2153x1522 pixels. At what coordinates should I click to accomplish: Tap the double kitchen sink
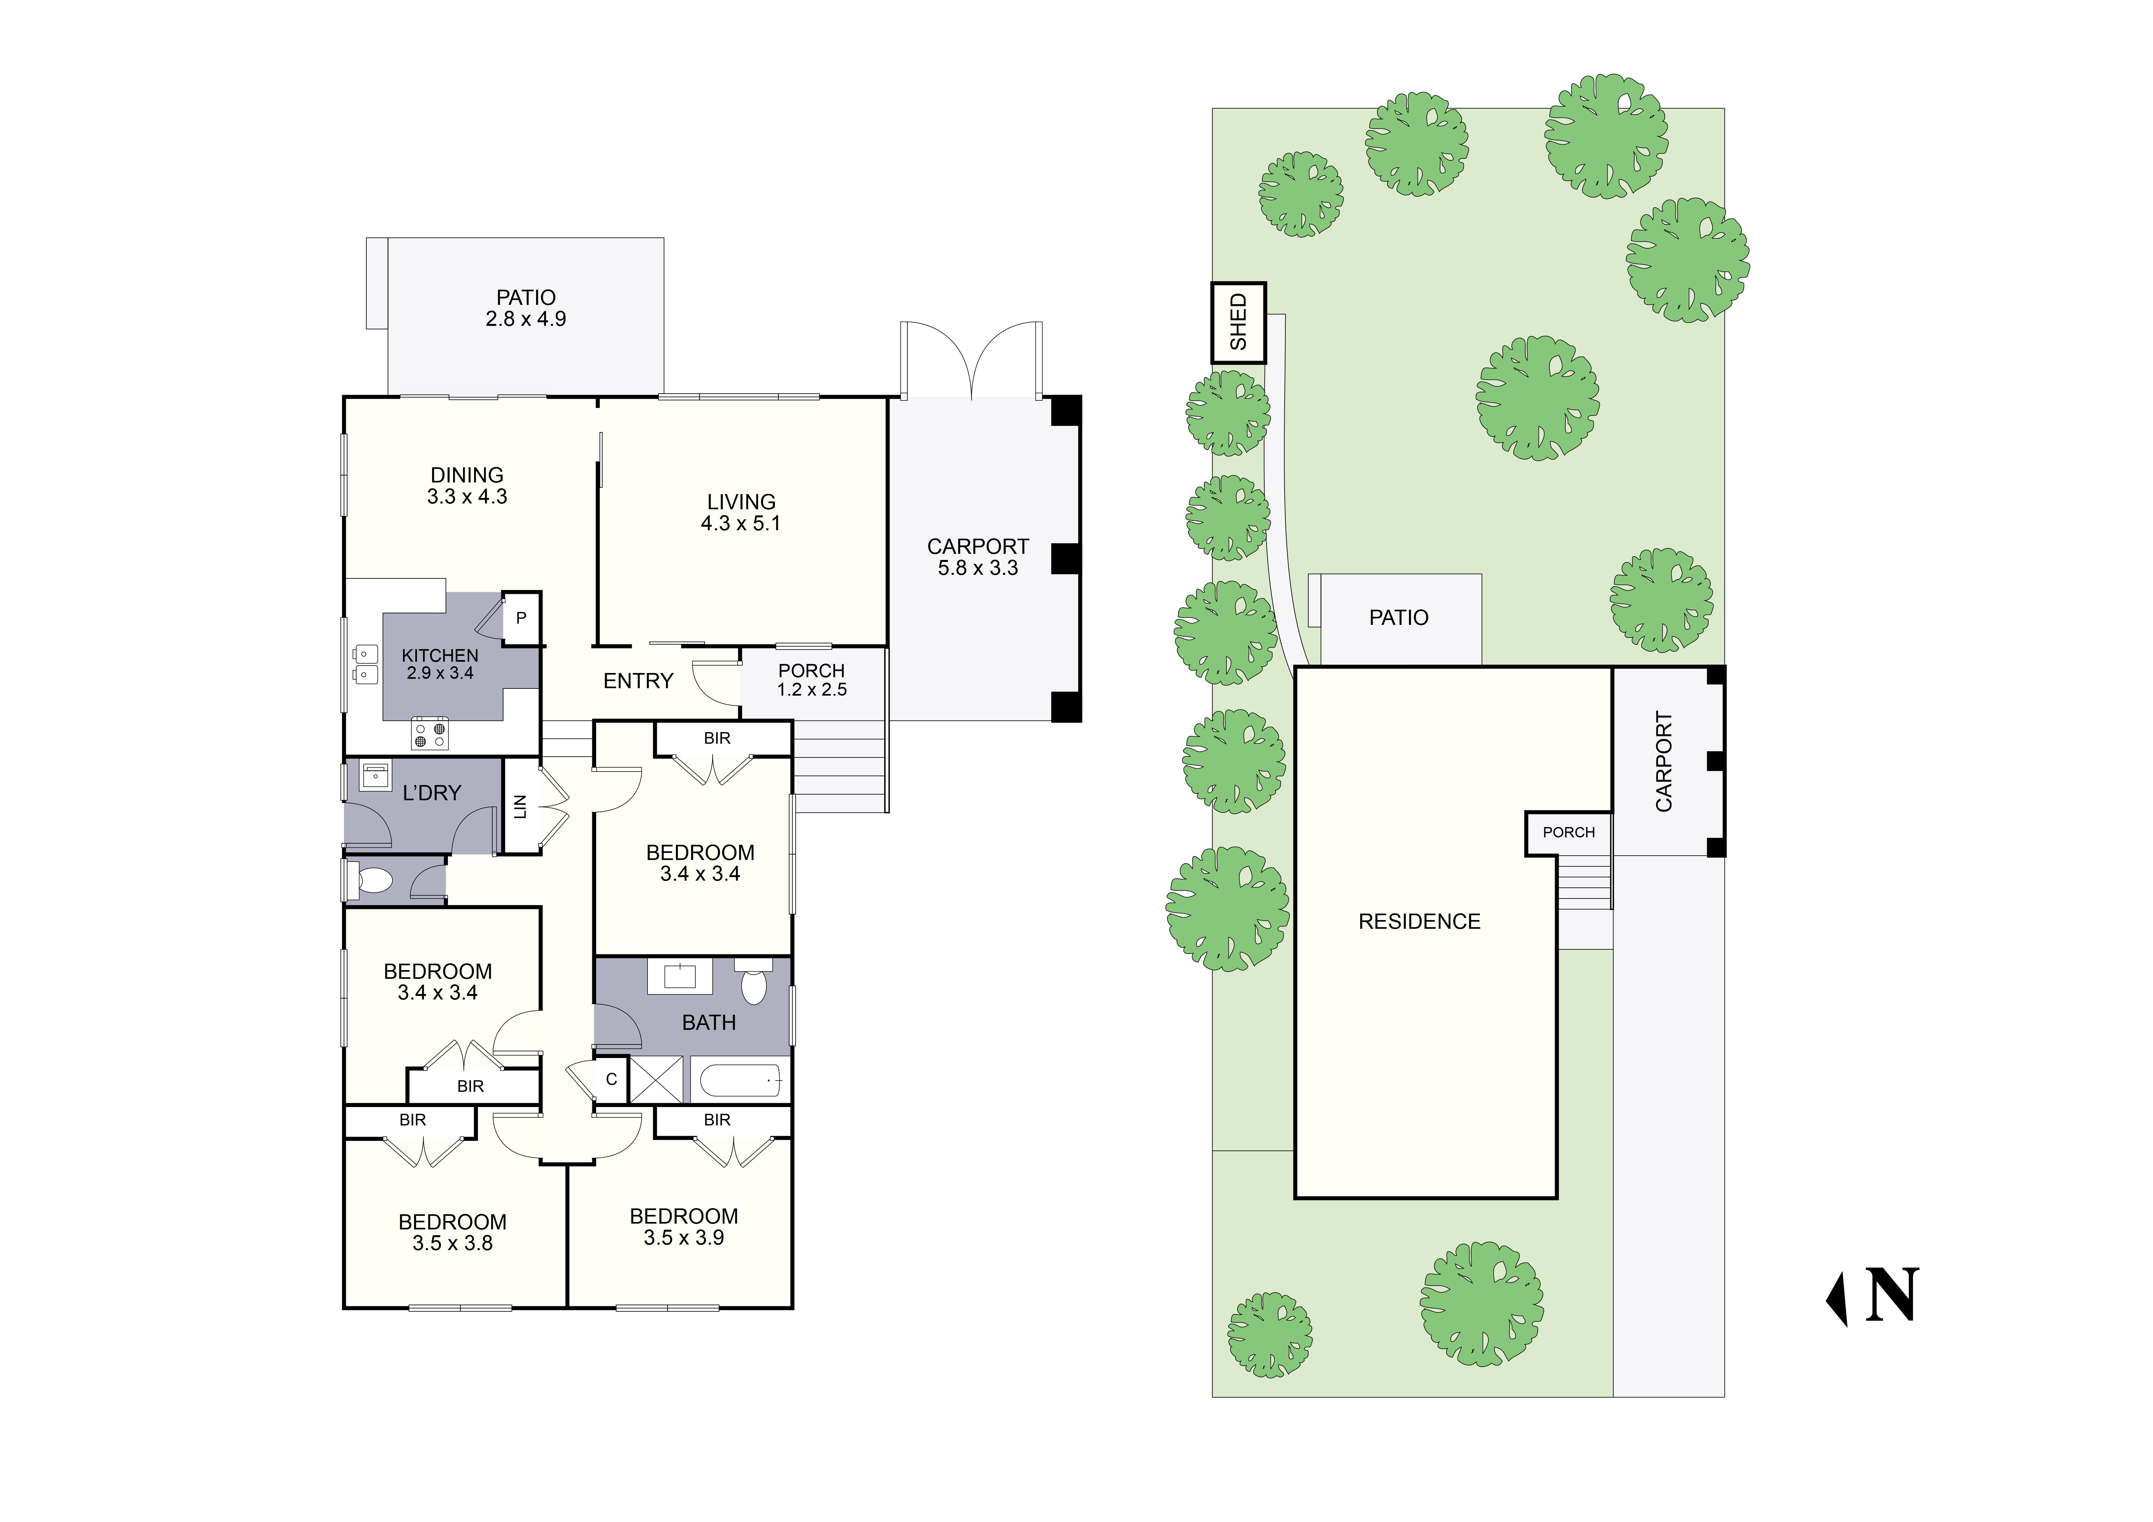coord(365,664)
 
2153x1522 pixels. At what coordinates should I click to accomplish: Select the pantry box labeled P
coord(521,618)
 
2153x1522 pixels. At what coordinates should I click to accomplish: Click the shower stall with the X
coord(657,1079)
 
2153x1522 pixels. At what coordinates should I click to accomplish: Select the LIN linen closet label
coord(521,806)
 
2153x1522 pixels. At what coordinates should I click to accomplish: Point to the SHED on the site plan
coord(1239,323)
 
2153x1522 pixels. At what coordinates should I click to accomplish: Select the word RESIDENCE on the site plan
coord(1419,922)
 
